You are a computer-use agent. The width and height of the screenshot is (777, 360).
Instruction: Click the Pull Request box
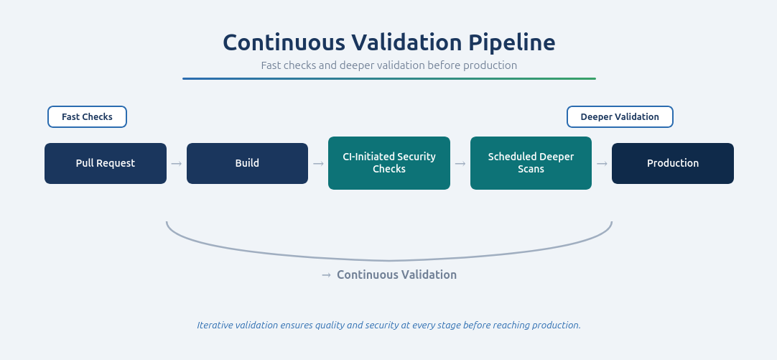coord(106,163)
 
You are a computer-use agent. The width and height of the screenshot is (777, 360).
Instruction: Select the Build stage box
coord(247,163)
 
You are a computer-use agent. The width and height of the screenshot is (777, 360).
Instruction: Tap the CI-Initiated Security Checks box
coord(389,163)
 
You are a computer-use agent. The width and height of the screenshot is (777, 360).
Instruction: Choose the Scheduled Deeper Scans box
coord(531,163)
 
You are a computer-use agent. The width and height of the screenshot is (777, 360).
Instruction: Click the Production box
coord(673,163)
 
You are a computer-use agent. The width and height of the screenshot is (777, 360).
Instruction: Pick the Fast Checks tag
coord(87,117)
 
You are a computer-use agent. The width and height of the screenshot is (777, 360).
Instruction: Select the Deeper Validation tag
coord(620,117)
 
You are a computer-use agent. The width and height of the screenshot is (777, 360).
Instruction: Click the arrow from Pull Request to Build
coord(177,164)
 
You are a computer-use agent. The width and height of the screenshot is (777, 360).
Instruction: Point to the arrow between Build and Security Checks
coord(318,164)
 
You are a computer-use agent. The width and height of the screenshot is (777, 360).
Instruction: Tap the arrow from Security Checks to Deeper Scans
coord(460,164)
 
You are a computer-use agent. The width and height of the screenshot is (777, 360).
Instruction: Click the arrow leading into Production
coord(602,164)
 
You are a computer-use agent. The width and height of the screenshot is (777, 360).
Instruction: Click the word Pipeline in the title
coord(512,42)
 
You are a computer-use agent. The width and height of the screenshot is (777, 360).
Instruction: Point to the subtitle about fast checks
coord(388,65)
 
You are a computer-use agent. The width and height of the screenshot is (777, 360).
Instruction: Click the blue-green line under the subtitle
coord(388,78)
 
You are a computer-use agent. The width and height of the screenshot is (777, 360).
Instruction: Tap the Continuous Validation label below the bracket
coord(396,274)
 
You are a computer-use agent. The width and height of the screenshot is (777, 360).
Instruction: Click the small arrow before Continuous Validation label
coord(327,275)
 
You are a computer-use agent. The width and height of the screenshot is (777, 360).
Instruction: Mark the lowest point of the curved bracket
coord(389,260)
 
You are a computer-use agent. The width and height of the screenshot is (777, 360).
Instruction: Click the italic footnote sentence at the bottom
coord(388,325)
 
